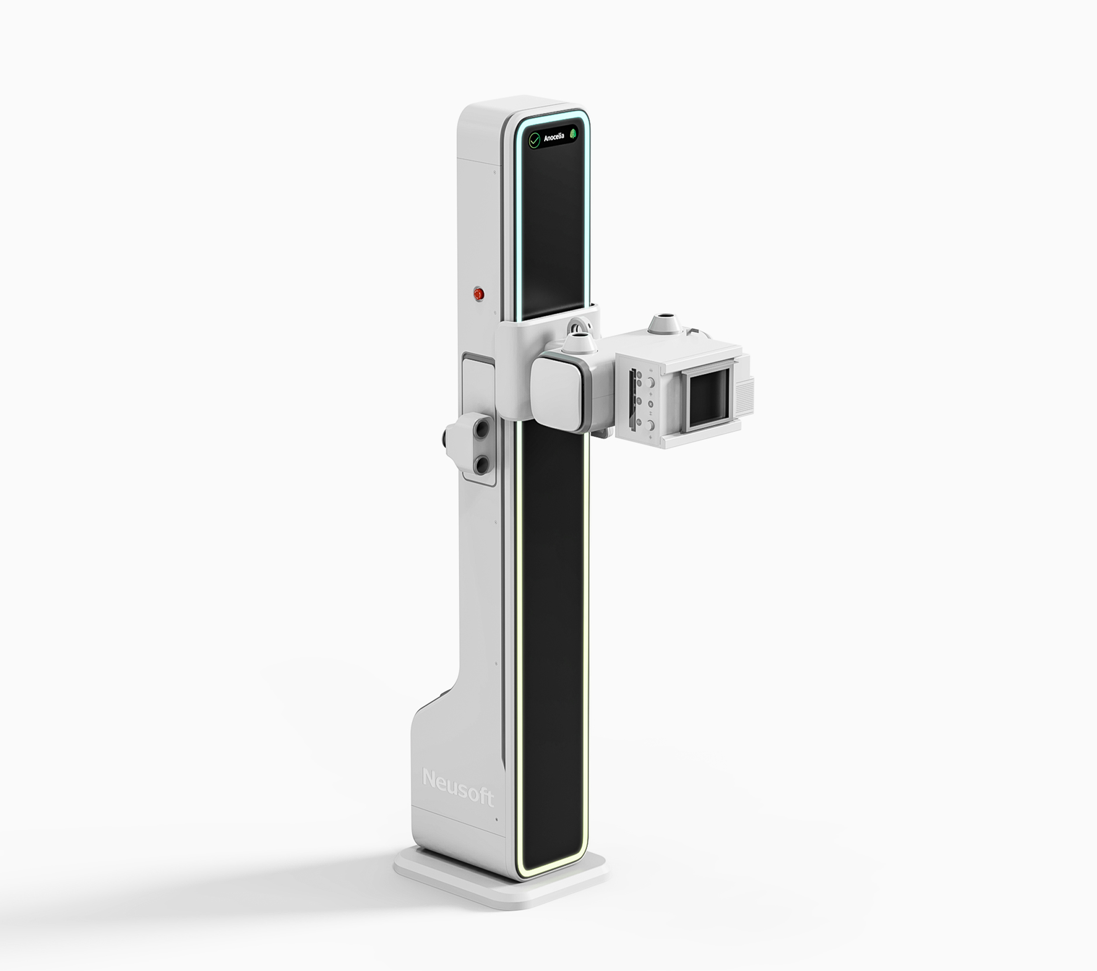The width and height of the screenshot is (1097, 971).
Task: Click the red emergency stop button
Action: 478,294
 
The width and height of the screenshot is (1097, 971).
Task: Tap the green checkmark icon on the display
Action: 534,141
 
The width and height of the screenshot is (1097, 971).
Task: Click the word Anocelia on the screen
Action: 554,138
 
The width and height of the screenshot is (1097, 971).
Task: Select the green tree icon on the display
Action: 573,134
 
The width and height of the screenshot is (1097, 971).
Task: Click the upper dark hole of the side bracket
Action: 482,429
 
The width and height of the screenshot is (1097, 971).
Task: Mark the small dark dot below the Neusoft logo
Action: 496,819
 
